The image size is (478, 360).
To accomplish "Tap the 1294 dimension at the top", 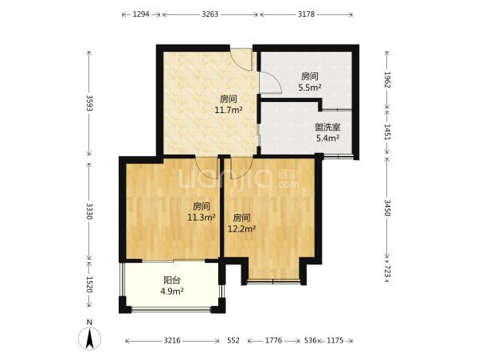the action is click(x=141, y=14).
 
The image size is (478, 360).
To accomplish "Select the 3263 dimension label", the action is click(x=210, y=14).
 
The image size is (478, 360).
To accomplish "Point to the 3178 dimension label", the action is click(x=306, y=14).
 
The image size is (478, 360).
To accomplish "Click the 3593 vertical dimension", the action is click(x=89, y=104).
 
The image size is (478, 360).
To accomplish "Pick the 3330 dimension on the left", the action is click(x=89, y=211).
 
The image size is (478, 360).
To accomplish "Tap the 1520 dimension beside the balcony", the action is click(x=89, y=284).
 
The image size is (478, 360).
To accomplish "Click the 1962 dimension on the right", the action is click(x=387, y=80).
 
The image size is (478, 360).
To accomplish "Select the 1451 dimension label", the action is click(x=387, y=131).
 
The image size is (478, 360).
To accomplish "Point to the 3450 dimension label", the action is click(x=387, y=208).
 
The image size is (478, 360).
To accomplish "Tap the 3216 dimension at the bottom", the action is click(x=172, y=341).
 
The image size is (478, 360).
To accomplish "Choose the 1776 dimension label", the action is click(x=273, y=341).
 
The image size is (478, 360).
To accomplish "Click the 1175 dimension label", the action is click(x=335, y=341).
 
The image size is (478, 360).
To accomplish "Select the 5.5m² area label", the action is click(x=309, y=88).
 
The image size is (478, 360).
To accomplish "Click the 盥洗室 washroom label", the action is click(x=327, y=127).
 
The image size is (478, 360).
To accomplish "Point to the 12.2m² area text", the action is click(x=241, y=229).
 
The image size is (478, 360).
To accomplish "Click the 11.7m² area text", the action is click(x=229, y=110).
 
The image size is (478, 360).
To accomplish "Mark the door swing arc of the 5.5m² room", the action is click(x=276, y=79).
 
